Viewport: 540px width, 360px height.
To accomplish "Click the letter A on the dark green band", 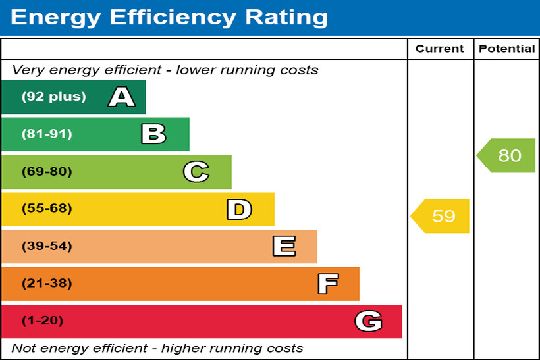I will click(122, 97).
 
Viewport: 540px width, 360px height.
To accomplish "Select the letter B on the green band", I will click(153, 134).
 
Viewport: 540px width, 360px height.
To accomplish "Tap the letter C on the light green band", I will click(196, 172).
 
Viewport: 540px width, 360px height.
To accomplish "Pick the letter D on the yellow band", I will click(239, 209).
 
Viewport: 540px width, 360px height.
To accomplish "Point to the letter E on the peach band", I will click(284, 247).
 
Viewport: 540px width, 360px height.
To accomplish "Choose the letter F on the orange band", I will click(327, 284).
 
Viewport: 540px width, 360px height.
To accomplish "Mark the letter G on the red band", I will click(368, 321).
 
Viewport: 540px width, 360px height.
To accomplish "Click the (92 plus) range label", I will click(53, 97).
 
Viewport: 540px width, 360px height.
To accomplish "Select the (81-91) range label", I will click(47, 134).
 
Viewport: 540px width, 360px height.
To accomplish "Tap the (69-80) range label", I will click(47, 172).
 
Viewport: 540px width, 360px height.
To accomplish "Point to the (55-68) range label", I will click(47, 209).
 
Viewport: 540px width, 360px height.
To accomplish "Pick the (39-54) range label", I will click(47, 246).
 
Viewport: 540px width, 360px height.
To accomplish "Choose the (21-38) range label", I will click(47, 284).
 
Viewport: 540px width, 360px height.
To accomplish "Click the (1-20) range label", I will click(43, 321).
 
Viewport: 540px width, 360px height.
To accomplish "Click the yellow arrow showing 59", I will click(441, 216).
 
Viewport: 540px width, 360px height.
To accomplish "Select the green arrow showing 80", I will click(507, 155).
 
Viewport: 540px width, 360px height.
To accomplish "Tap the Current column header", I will click(440, 49).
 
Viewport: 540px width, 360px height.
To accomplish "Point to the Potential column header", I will click(506, 49).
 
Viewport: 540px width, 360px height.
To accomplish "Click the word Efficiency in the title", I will click(174, 17).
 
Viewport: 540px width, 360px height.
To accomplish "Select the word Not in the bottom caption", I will click(24, 348).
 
